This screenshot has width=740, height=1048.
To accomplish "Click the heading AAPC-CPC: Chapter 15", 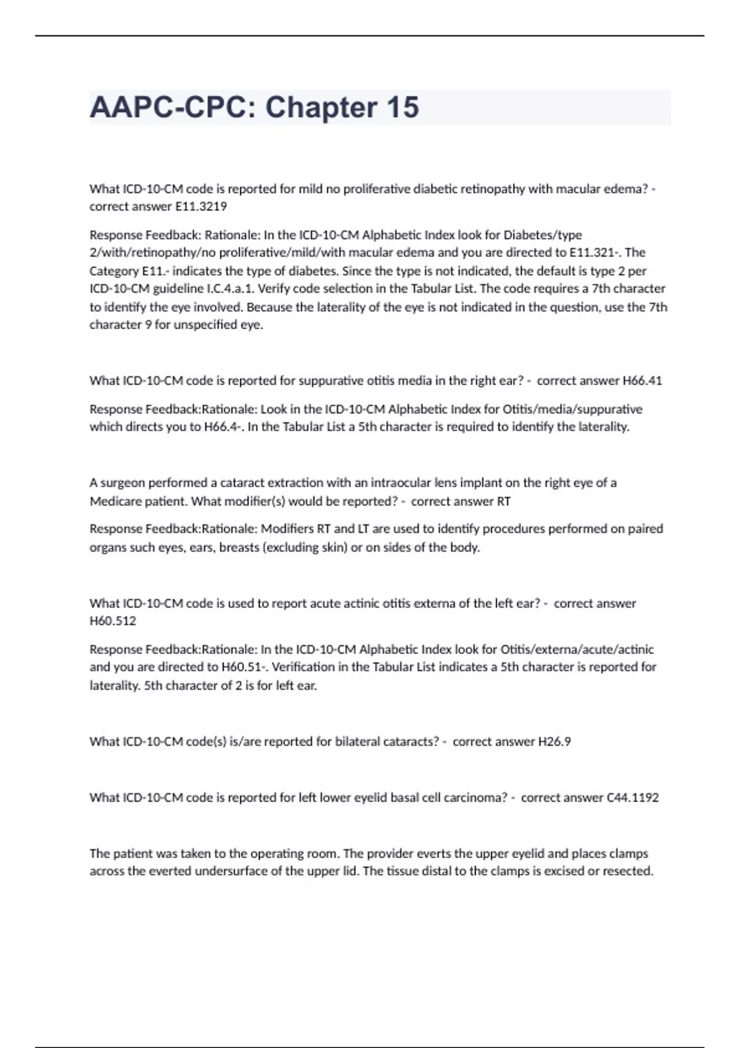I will pos(254,107).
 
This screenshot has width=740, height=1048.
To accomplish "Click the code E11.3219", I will pos(201,207).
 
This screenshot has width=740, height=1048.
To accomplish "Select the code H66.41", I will pos(642,380).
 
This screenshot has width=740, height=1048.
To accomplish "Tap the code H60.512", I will pos(113,621).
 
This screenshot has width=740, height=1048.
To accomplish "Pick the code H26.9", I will pos(554,741).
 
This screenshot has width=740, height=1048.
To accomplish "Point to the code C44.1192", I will pos(633,797).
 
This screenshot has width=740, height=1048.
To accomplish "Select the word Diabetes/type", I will pos(543,235).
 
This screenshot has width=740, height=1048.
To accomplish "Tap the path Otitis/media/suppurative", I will pos(572,409).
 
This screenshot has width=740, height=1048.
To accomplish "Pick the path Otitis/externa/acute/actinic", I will pos(577,649).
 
